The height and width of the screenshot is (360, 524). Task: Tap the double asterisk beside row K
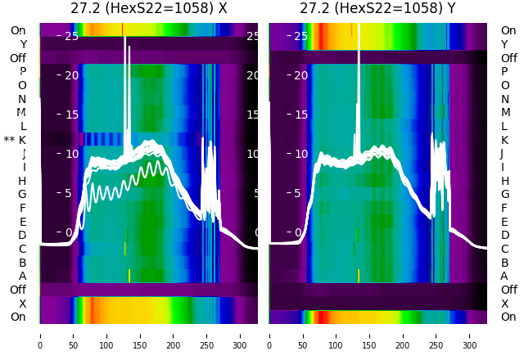[x=9, y=140]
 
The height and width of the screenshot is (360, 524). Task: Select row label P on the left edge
[x=22, y=72]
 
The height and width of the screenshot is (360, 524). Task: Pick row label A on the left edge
[x=22, y=277]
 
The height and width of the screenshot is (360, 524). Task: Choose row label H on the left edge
[x=22, y=181]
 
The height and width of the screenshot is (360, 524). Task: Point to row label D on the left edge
[x=22, y=236]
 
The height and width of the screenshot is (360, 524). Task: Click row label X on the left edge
[x=22, y=304]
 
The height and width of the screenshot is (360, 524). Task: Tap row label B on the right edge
[x=504, y=263]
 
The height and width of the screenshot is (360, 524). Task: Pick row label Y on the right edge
[x=504, y=44]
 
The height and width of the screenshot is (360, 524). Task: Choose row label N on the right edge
[x=504, y=99]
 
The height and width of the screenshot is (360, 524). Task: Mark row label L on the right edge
[x=504, y=126]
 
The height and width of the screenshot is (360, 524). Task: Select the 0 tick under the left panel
[x=40, y=334]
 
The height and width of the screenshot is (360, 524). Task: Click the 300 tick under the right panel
[x=470, y=334]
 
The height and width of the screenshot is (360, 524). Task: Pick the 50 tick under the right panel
[x=303, y=334]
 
